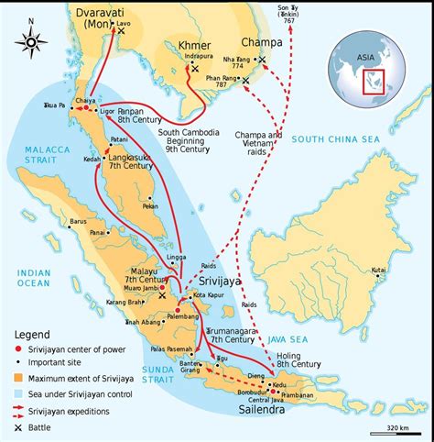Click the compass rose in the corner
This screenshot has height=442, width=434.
(x=31, y=40)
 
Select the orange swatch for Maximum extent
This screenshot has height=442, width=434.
(x=19, y=377)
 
